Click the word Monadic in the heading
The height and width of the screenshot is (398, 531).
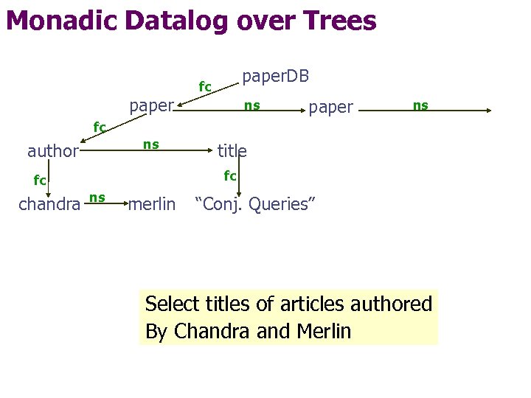tap(59, 21)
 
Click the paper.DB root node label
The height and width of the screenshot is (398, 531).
tap(275, 77)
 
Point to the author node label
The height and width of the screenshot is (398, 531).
tap(52, 151)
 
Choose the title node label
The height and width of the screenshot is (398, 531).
tap(232, 151)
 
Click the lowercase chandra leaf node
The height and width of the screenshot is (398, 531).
tap(49, 204)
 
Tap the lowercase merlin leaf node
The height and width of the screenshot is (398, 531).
tap(152, 204)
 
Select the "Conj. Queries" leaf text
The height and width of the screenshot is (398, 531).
tap(254, 204)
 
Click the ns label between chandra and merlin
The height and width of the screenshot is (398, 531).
tap(97, 197)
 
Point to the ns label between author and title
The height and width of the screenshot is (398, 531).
tap(150, 144)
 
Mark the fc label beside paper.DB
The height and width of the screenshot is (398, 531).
tap(205, 87)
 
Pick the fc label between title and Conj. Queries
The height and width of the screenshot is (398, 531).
tap(230, 175)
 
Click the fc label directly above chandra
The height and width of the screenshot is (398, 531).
tap(40, 180)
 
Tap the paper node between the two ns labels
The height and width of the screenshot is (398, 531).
tap(330, 108)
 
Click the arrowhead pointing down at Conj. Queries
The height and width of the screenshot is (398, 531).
tap(249, 189)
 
